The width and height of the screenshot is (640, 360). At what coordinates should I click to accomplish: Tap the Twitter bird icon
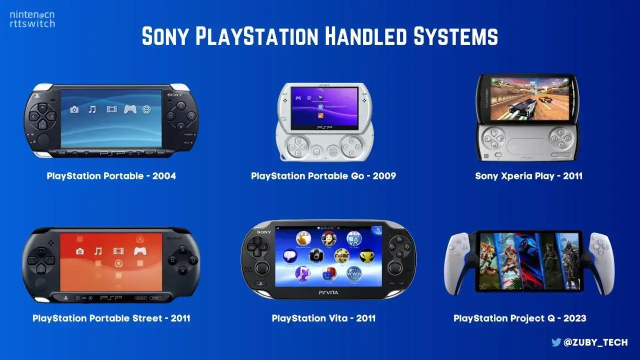[x=556, y=342]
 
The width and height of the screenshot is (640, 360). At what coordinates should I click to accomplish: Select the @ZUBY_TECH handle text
[x=595, y=342]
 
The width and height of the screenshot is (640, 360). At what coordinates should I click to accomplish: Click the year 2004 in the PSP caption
[x=163, y=176]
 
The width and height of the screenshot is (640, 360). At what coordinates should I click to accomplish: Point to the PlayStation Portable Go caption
[x=323, y=176]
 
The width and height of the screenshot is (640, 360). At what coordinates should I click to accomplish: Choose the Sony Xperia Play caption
[x=528, y=176]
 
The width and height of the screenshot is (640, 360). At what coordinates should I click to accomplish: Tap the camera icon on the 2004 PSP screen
[x=74, y=109]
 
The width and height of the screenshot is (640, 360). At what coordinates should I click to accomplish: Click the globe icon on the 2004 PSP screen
[x=146, y=109]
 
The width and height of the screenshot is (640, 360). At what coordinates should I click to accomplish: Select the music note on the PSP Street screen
[x=98, y=251]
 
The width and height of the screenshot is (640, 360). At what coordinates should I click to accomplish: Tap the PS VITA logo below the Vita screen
[x=328, y=291]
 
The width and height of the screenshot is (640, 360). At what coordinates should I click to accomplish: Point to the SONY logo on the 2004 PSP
[x=176, y=94]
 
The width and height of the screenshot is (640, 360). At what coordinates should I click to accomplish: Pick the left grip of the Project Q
[x=459, y=262]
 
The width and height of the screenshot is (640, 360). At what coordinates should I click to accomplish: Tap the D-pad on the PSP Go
[x=299, y=145]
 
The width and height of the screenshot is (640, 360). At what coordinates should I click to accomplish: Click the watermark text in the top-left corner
[x=32, y=19]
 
